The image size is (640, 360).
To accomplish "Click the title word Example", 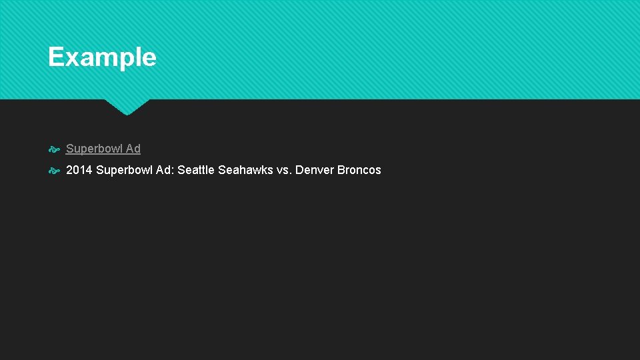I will click(102, 57).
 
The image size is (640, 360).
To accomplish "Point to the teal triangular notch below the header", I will click(127, 107).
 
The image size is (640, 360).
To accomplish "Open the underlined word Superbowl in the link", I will click(94, 149).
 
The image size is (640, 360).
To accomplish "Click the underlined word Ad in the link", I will click(133, 149).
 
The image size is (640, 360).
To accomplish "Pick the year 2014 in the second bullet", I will click(79, 170).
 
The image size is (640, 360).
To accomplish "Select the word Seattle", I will click(196, 170).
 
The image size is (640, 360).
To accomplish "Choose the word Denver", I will click(315, 170).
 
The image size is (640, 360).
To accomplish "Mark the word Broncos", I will click(359, 170).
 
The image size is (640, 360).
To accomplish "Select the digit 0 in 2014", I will click(76, 170).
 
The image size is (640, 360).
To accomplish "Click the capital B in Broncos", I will click(341, 170).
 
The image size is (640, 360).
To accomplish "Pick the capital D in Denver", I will click(299, 170).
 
